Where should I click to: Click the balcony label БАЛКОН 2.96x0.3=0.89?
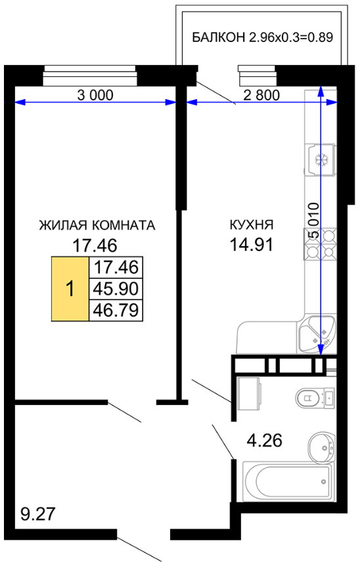[x=262, y=37]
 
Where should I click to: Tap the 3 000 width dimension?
[x=95, y=95]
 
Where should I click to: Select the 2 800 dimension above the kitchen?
[x=261, y=95]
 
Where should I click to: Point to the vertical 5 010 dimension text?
[x=313, y=220]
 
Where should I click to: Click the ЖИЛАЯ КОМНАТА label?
[x=97, y=225]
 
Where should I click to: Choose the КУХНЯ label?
[x=252, y=225]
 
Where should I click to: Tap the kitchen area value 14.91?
[x=252, y=244]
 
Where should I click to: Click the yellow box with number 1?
[x=70, y=289]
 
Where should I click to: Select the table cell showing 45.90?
[x=116, y=289]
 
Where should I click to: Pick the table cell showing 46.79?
[x=116, y=310]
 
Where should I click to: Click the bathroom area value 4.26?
[x=265, y=441]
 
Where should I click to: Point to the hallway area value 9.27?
[x=38, y=513]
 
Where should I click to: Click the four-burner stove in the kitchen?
[x=319, y=244]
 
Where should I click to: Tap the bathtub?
[x=288, y=481]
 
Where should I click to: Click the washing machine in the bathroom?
[x=248, y=394]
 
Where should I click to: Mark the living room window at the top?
[x=90, y=76]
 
